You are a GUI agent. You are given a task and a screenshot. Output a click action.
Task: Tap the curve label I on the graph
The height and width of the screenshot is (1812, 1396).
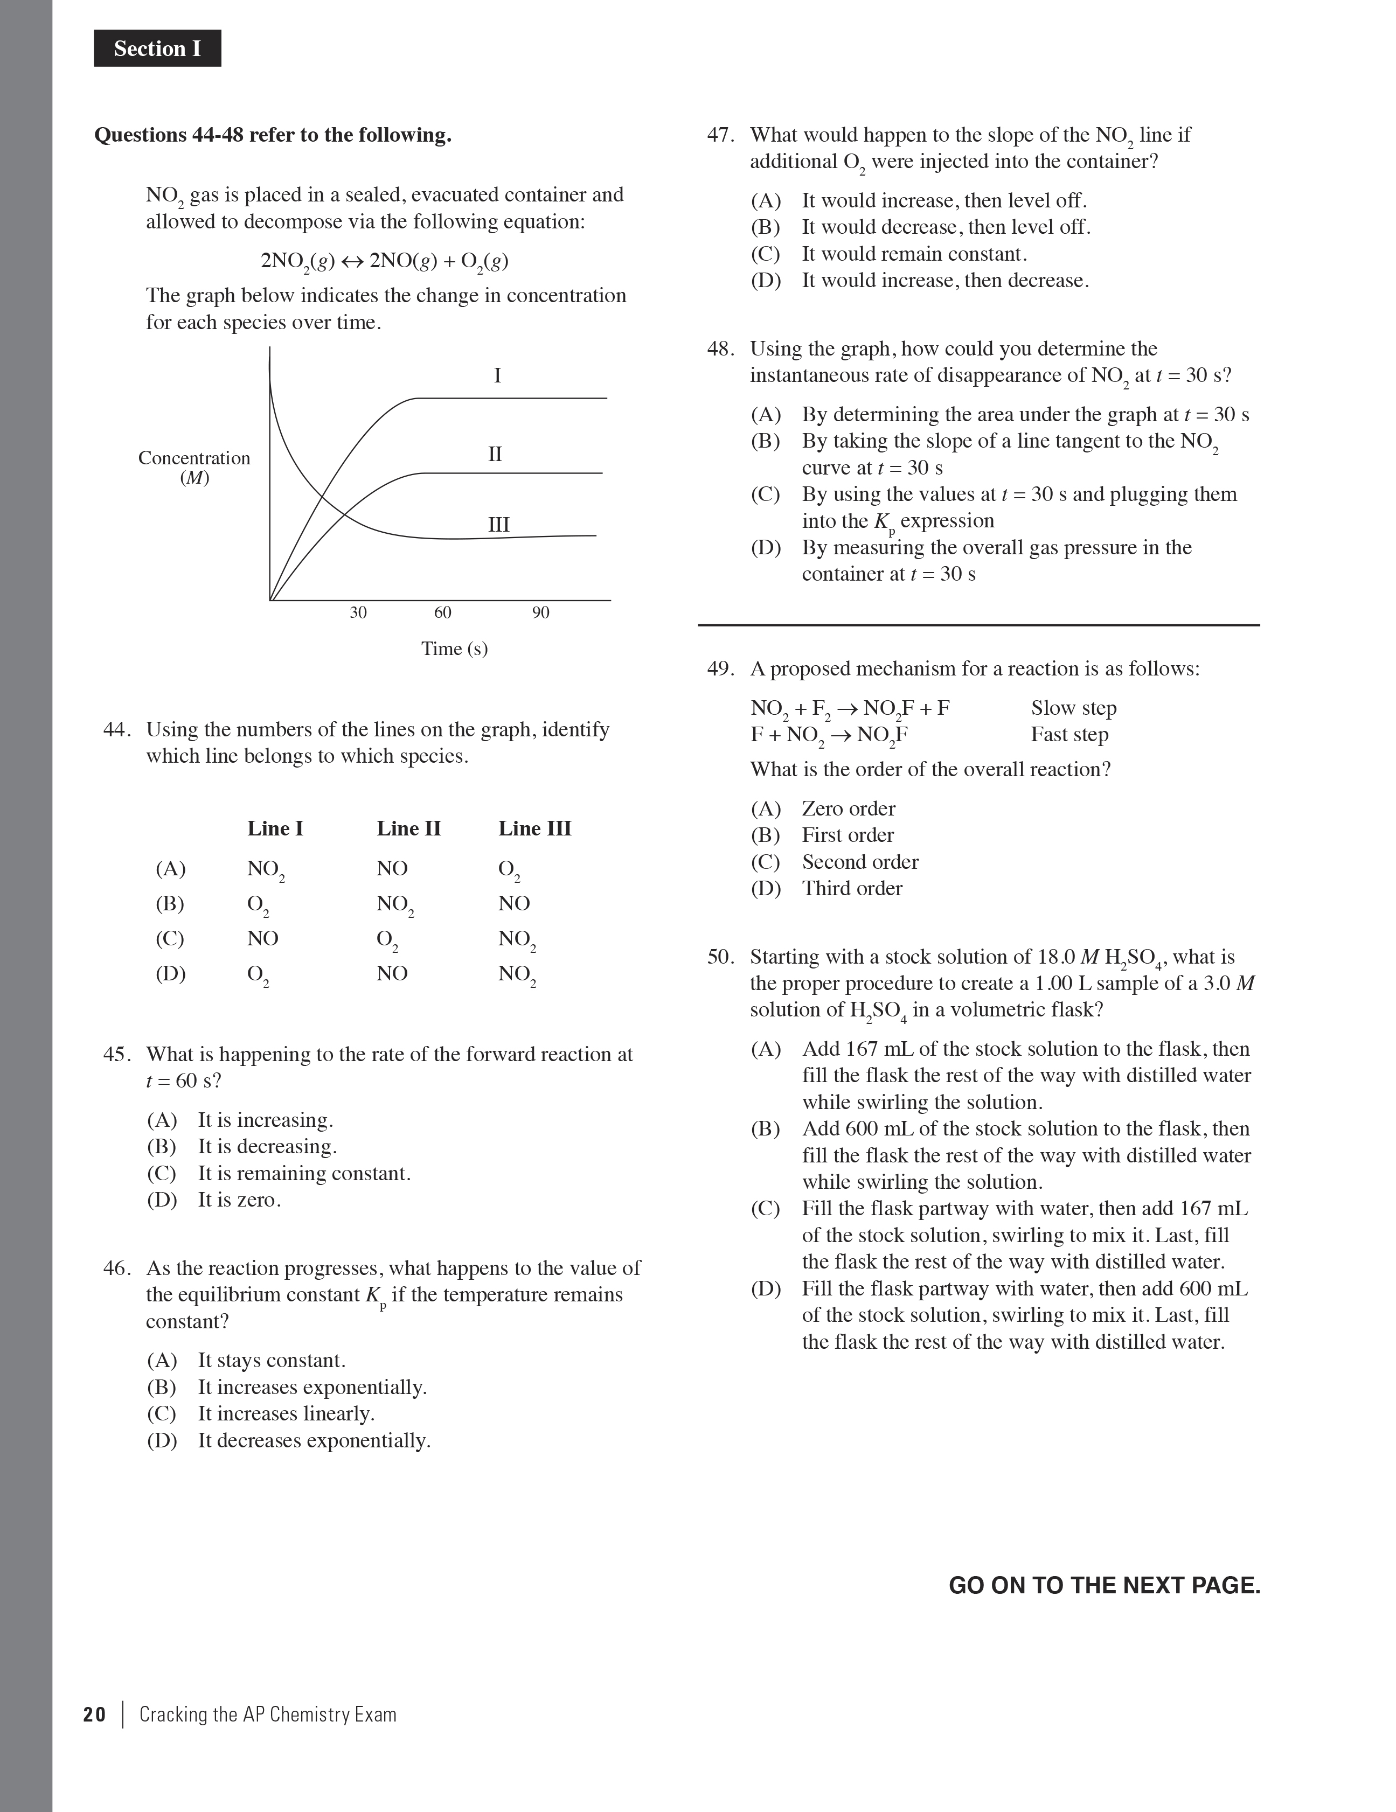click(497, 376)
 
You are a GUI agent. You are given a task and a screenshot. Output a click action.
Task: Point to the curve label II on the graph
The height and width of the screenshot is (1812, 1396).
click(495, 454)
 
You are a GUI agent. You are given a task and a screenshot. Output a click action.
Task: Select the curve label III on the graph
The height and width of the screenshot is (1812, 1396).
click(498, 524)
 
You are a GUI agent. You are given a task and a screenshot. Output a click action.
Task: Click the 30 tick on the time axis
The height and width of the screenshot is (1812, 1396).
click(358, 612)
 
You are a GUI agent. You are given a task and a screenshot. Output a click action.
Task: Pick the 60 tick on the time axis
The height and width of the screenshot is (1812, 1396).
click(442, 612)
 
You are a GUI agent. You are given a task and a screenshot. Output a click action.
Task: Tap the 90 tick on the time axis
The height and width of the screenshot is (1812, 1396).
click(540, 612)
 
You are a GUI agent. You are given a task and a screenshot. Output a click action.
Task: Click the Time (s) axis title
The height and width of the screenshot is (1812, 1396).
click(454, 648)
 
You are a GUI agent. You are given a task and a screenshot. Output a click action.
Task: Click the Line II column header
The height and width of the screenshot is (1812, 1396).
click(408, 828)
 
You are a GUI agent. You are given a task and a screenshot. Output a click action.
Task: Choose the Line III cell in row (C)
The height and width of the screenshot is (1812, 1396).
click(516, 939)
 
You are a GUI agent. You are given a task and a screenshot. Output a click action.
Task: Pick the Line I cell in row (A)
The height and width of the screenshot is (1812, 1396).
click(265, 869)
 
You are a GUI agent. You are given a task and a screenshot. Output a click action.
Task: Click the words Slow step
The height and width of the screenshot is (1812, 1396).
click(1073, 708)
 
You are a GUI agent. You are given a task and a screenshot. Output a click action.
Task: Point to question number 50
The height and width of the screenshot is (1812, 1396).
click(720, 957)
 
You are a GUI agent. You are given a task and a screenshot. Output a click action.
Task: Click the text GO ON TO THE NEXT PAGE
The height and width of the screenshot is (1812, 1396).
click(1104, 1586)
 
